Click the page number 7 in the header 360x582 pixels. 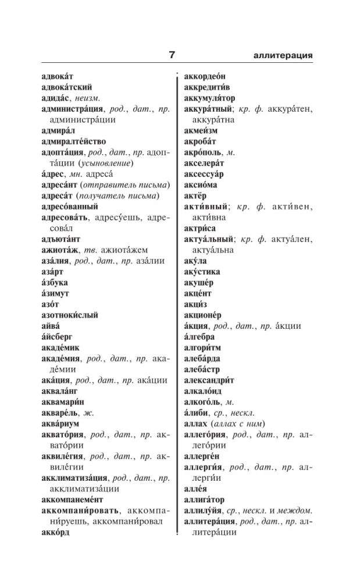pos(172,56)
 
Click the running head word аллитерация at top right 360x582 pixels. pos(283,56)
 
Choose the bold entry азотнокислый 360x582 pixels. pos(70,315)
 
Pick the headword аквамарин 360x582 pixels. pos(64,402)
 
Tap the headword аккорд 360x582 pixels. pos(56,532)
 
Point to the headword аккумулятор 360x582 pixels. pos(209,98)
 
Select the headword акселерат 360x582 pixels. pos(204,163)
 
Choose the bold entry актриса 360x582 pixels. pos(199,228)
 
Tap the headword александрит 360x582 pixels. pos(209,380)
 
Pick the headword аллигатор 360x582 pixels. pos(204,499)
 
